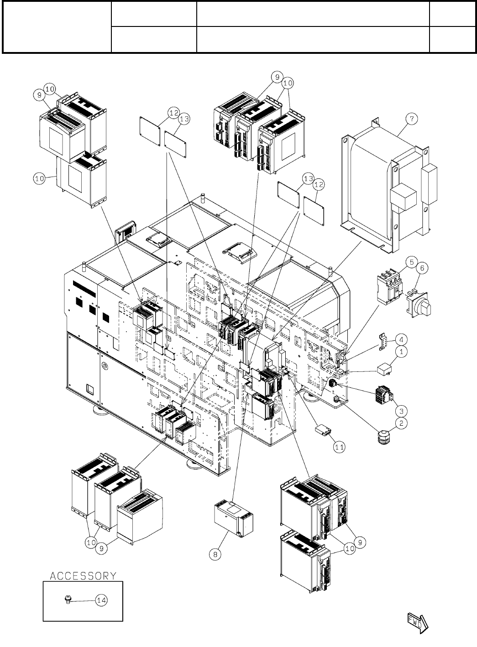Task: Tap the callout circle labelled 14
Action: pyautogui.click(x=101, y=600)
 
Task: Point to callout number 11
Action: pyautogui.click(x=339, y=447)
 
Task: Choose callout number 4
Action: pyautogui.click(x=401, y=339)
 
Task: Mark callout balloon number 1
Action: pyautogui.click(x=401, y=352)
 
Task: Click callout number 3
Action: pyautogui.click(x=401, y=409)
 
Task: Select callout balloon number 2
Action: pyautogui.click(x=401, y=423)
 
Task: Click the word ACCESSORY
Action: pyautogui.click(x=83, y=575)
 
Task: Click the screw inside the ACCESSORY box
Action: pyautogui.click(x=68, y=599)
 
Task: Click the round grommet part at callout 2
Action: pyautogui.click(x=381, y=439)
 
